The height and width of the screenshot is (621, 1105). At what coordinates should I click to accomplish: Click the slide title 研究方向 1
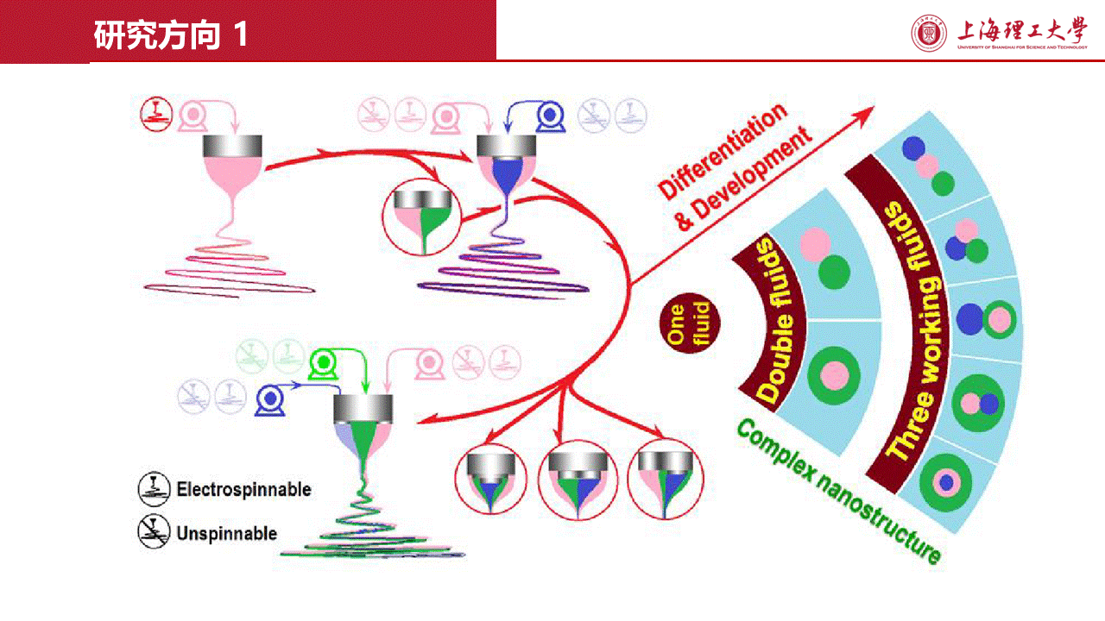click(171, 35)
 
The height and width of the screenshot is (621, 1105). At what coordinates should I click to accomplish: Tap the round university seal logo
click(929, 33)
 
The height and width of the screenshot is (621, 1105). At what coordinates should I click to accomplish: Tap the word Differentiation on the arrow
click(722, 148)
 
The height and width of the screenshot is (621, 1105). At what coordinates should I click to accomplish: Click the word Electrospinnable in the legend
click(243, 490)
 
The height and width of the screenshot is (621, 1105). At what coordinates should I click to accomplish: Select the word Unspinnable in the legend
click(226, 533)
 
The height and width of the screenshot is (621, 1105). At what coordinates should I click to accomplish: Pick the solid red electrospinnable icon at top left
click(156, 114)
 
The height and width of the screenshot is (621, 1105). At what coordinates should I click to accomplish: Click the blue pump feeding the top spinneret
click(547, 116)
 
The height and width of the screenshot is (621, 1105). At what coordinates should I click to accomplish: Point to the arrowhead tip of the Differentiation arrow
click(873, 108)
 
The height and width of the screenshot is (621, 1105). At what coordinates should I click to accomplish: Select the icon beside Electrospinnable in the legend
click(152, 489)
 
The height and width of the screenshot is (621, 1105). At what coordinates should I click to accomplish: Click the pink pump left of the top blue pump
click(447, 116)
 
